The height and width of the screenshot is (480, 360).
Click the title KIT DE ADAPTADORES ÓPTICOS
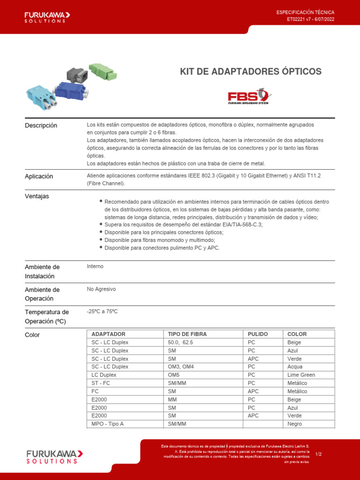(x=251, y=71)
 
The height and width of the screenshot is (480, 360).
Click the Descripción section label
(x=41, y=126)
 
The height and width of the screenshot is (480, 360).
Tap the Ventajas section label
(x=37, y=196)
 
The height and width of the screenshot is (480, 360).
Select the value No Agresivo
(x=101, y=289)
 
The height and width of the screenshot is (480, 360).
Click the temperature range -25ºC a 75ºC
(x=102, y=312)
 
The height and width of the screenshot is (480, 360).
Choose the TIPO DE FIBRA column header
(x=187, y=334)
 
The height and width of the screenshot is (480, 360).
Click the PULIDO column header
(x=258, y=334)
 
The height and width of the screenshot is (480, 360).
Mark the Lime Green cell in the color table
(x=301, y=375)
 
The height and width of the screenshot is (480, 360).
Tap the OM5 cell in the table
(x=174, y=375)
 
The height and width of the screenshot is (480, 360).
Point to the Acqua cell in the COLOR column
(x=295, y=367)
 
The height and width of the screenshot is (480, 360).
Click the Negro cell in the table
(x=295, y=424)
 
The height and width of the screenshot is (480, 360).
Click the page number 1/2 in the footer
(x=319, y=454)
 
